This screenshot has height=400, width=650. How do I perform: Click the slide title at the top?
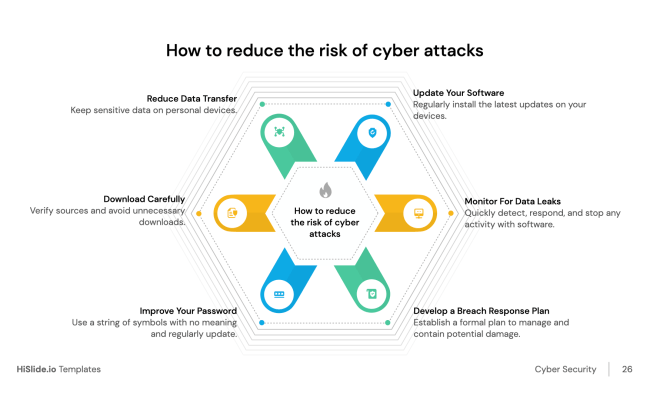coord(325,50)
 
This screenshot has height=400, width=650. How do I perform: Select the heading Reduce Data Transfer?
coord(192,98)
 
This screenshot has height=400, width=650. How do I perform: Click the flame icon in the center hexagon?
coord(325,190)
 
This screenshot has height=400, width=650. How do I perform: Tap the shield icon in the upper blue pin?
coord(372,132)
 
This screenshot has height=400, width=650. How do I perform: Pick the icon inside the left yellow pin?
coord(231,212)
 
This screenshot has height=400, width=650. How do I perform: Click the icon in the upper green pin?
coord(279,132)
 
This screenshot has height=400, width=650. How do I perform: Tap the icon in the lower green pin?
coord(372,293)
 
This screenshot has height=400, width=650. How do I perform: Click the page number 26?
coord(627,369)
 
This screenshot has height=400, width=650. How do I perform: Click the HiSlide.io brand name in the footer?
coord(36,369)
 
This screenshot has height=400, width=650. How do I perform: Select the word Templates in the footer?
coord(79,369)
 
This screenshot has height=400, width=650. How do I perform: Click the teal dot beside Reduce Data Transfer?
coord(262,103)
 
